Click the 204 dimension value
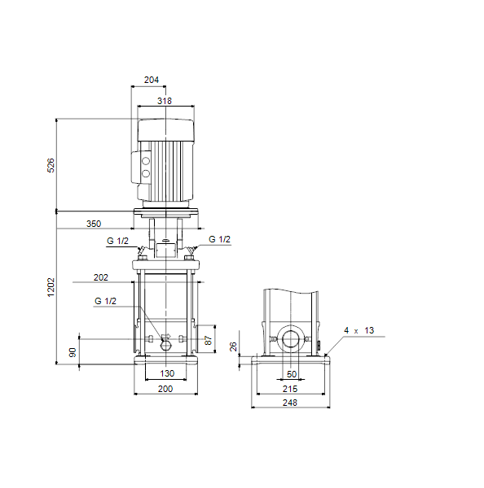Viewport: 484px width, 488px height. click(x=152, y=80)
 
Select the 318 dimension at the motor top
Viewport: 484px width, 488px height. click(x=165, y=101)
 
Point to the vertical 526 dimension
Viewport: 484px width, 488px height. click(x=51, y=165)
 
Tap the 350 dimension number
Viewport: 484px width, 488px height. click(x=94, y=224)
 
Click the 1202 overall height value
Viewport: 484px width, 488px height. click(x=51, y=287)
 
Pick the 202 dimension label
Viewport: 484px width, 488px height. click(x=101, y=277)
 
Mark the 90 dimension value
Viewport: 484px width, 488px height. click(x=73, y=353)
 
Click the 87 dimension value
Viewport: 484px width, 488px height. click(x=209, y=340)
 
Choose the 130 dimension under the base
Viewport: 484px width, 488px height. click(x=167, y=373)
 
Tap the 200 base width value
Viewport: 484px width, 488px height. click(x=165, y=389)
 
